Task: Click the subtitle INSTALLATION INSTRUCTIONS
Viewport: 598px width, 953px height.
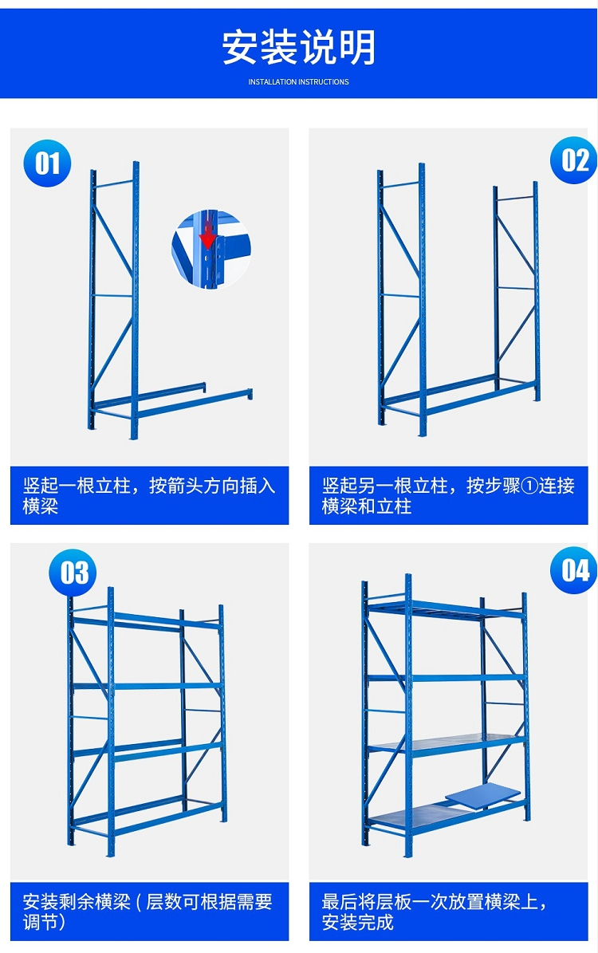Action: pyautogui.click(x=298, y=81)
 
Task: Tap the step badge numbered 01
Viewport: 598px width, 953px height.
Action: pyautogui.click(x=47, y=163)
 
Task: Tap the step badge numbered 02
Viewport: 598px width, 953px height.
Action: pyautogui.click(x=574, y=159)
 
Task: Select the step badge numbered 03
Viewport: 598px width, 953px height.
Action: pyautogui.click(x=73, y=573)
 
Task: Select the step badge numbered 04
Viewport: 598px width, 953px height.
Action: pyautogui.click(x=574, y=569)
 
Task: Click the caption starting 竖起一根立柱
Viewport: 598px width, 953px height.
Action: pyautogui.click(x=149, y=495)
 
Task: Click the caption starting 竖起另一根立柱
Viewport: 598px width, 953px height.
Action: pyautogui.click(x=448, y=495)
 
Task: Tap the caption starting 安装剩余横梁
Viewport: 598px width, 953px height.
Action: pyautogui.click(x=148, y=912)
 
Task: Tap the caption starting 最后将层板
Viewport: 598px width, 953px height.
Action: pyautogui.click(x=435, y=912)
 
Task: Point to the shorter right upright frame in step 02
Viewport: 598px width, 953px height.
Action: pyautogui.click(x=517, y=292)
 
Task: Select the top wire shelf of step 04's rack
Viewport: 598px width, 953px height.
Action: pyautogui.click(x=443, y=608)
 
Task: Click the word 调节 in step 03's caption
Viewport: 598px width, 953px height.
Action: pyautogui.click(x=40, y=922)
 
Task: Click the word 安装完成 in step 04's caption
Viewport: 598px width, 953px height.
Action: pyautogui.click(x=357, y=922)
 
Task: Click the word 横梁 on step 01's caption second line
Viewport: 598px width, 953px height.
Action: pyautogui.click(x=40, y=506)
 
